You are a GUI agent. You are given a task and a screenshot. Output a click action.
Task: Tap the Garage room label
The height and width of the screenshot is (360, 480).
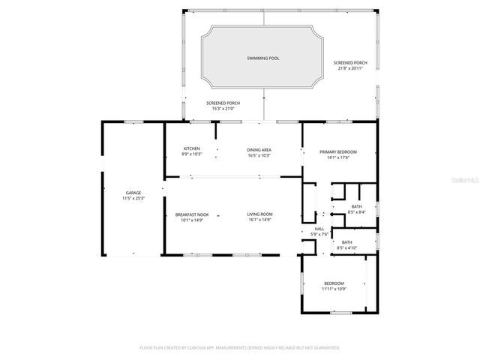pos(133,193)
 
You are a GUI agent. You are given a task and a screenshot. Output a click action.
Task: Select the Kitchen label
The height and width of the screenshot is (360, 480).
pos(192,149)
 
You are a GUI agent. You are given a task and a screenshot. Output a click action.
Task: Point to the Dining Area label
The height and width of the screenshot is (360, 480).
pos(259,149)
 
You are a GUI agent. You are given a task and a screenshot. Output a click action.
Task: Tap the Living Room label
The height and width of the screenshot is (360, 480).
pos(260,214)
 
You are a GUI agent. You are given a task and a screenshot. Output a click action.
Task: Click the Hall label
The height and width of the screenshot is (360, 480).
pos(319,229)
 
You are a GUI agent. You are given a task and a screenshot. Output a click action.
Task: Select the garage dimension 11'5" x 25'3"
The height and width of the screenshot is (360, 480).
pos(133,199)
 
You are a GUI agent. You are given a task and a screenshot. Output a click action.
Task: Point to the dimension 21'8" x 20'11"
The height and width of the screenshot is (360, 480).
pos(351,68)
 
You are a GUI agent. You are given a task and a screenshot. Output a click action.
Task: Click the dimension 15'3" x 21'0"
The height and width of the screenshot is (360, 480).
pos(223,109)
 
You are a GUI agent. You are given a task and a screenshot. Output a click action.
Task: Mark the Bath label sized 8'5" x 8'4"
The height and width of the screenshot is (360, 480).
pos(356,207)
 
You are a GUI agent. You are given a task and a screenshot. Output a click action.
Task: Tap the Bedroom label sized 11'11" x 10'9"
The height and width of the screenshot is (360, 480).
pos(334,283)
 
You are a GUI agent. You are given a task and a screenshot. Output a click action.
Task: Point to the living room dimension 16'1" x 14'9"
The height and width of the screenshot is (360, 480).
pos(260,220)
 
